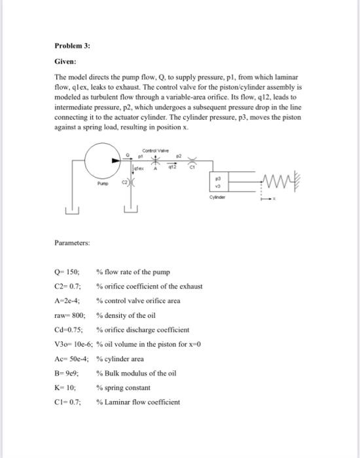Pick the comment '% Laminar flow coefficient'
[138, 402]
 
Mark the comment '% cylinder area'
[121, 359]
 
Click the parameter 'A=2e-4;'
[69, 301]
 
